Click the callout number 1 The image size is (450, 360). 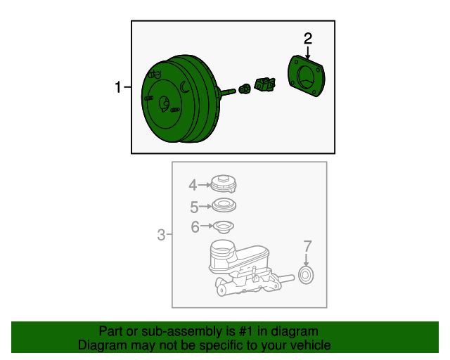118,87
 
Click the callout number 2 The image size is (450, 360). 308,39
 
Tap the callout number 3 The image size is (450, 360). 161,235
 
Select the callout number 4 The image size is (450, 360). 193,185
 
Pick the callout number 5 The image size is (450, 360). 194,207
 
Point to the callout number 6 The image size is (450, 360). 195,227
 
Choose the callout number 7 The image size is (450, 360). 307,246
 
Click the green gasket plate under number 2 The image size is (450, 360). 307,76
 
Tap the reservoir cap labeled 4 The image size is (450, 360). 224,184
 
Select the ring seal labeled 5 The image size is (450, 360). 224,205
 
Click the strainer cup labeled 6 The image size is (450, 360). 223,227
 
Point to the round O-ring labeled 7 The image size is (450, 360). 306,276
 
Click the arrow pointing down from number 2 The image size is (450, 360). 308,53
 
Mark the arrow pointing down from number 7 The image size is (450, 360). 307,260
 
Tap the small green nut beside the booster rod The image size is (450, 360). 245,89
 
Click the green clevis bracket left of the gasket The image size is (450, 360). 265,84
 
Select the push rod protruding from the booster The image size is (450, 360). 228,92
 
